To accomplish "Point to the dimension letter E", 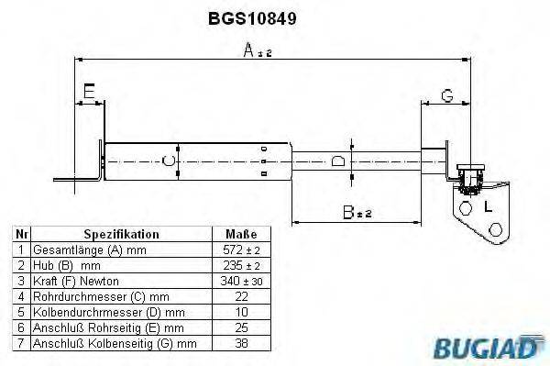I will [88, 91].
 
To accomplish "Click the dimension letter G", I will [446, 94].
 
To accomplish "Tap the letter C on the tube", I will [166, 162].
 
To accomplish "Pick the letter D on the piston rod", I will [338, 161].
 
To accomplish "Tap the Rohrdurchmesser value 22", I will [241, 296].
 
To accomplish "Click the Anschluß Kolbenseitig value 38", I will [241, 344].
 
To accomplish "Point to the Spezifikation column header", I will [122, 234].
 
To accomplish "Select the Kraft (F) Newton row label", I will [75, 281].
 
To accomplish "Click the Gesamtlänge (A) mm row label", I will [90, 250].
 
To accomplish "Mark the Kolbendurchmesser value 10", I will [241, 312].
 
